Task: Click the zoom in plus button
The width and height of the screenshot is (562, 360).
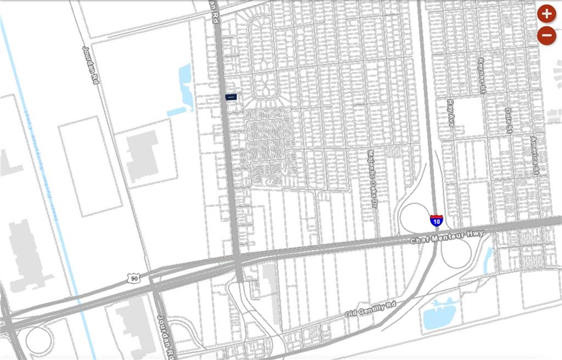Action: (547, 13)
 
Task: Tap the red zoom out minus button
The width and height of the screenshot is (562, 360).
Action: (547, 36)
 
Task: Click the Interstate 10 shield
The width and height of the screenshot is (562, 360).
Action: (436, 221)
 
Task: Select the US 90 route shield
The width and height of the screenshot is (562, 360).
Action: (134, 279)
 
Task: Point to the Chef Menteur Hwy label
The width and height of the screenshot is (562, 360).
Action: (448, 237)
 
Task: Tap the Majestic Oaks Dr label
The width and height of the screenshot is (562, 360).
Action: (373, 178)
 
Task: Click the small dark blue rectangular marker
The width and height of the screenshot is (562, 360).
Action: (231, 97)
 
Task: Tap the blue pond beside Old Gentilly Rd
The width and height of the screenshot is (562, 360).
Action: (440, 314)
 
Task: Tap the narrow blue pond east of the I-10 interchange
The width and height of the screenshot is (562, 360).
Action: (488, 260)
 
